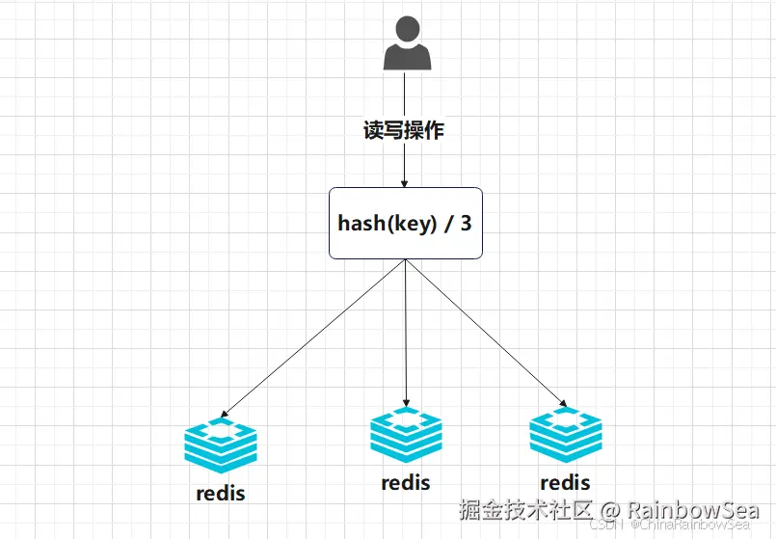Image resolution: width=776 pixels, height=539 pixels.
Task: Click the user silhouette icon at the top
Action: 405,46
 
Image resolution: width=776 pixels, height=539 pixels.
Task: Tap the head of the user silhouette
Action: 405,31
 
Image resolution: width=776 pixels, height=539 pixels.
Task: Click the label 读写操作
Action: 404,131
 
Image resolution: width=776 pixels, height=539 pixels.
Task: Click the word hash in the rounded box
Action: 359,223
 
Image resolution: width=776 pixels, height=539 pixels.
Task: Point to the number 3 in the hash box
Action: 467,223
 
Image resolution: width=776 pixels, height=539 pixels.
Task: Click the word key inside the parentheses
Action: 410,223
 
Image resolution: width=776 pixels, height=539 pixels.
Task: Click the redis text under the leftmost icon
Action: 221,494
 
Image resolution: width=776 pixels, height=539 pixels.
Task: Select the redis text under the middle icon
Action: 406,482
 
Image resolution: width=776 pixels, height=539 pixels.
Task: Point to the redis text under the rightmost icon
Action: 565,483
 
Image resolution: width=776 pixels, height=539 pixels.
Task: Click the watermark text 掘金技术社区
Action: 526,509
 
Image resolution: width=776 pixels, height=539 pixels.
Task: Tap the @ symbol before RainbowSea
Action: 611,509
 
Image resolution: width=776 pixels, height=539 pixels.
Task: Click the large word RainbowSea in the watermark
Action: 694,509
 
